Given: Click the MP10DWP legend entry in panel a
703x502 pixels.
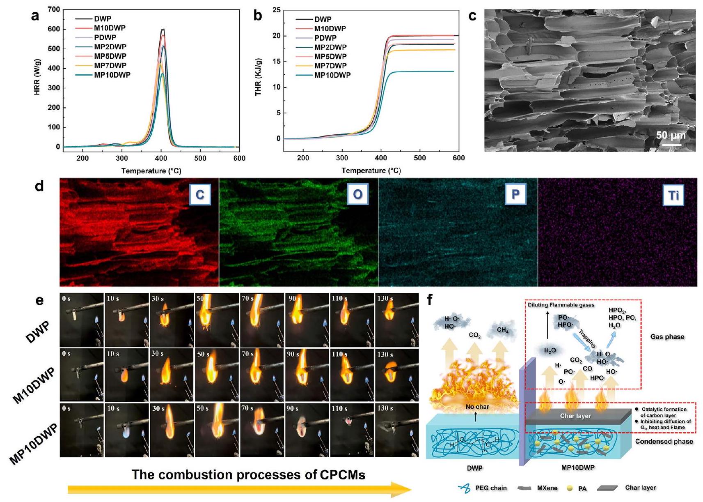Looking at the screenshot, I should tap(112, 75).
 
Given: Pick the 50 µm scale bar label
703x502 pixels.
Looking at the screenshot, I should tap(671, 135).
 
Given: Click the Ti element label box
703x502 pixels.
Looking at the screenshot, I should tap(673, 195).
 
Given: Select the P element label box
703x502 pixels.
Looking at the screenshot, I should tap(515, 195).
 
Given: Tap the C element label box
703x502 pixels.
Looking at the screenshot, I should tap(199, 195).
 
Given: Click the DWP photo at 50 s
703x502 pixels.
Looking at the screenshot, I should tap(216, 320).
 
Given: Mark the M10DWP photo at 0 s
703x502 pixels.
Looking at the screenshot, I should tap(81, 375).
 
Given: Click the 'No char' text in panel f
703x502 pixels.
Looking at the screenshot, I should tap(477, 407).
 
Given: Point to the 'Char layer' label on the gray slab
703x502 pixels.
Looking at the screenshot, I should tap(575, 416).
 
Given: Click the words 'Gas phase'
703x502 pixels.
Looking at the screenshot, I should tap(667, 337).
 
